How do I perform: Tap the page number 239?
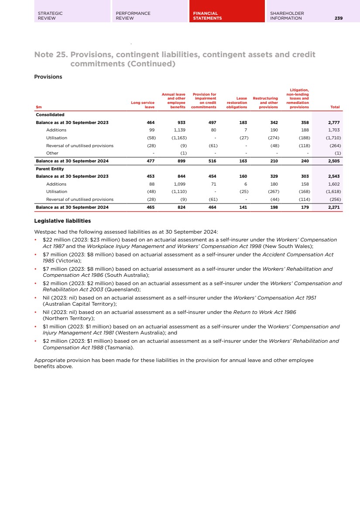click(339, 18)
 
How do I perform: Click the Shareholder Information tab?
click(287, 16)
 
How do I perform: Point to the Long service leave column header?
click(143, 105)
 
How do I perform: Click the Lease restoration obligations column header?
click(237, 103)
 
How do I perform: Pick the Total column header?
click(335, 107)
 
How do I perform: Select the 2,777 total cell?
click(333, 123)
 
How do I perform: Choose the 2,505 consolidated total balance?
click(333, 161)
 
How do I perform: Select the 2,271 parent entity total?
click(333, 207)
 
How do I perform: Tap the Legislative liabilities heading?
click(62, 221)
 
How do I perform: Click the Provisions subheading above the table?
click(48, 77)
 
